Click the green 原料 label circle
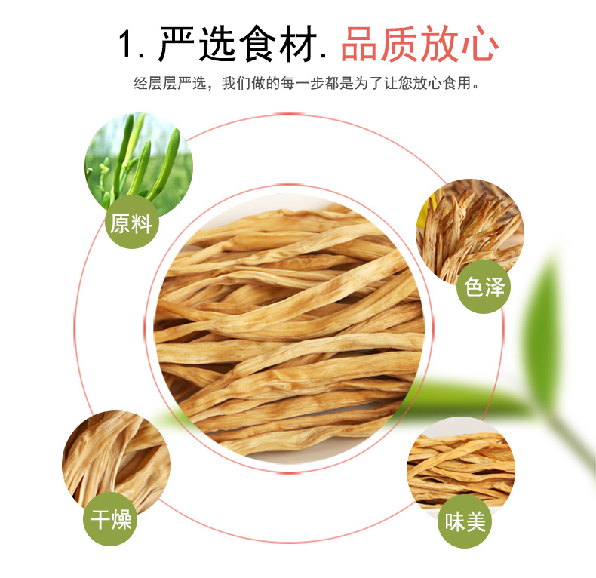point(131,224)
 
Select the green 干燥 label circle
point(111,520)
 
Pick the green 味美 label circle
point(465,521)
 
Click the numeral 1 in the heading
point(128,45)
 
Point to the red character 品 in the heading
point(360,45)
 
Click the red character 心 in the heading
point(480,45)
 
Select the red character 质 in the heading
point(400,45)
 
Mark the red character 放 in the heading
point(440,45)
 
